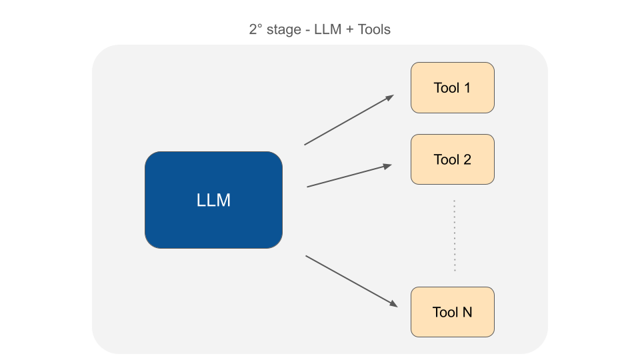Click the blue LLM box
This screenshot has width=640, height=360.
[213, 200]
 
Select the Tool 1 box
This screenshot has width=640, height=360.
[452, 87]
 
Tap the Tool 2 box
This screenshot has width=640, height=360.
[452, 159]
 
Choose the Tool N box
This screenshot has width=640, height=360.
[452, 312]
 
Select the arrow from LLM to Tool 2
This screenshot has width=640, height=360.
[347, 177]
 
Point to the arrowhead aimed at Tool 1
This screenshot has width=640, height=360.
[389, 97]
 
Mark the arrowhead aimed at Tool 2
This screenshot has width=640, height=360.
[387, 167]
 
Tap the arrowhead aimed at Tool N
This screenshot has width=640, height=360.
[393, 304]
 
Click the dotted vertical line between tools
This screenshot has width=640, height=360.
[455, 235]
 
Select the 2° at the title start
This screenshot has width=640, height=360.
[255, 30]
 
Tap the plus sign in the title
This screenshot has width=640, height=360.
[347, 30]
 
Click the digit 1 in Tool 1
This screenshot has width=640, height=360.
[467, 87]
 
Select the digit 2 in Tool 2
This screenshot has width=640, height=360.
[467, 159]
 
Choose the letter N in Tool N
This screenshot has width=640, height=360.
[467, 312]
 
